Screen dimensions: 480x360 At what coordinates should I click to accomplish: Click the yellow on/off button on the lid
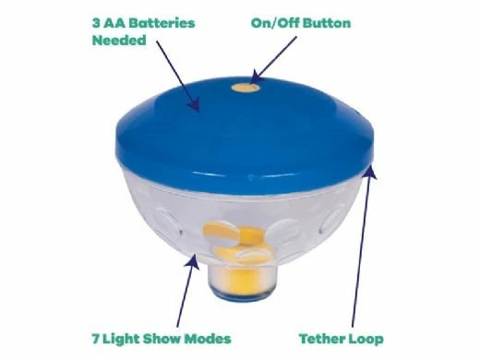click(245, 88)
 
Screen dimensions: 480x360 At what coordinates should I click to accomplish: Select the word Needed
click(119, 41)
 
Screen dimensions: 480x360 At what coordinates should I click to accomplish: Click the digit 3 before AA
click(96, 23)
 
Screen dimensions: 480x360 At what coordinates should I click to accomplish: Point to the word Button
click(327, 23)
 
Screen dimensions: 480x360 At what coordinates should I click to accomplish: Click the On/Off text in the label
click(275, 23)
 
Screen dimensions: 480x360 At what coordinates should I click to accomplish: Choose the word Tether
click(321, 339)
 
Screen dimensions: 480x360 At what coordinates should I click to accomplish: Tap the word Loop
click(366, 340)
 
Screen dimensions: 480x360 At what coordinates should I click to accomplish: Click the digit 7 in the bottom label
click(96, 339)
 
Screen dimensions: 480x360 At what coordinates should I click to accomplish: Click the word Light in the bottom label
click(121, 340)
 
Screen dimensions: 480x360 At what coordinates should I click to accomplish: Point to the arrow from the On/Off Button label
click(274, 60)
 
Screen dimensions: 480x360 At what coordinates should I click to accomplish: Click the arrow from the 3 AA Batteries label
click(178, 77)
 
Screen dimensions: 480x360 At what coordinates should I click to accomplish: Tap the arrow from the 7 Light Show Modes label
click(187, 290)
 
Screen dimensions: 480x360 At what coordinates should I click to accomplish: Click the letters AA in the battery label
click(114, 23)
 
